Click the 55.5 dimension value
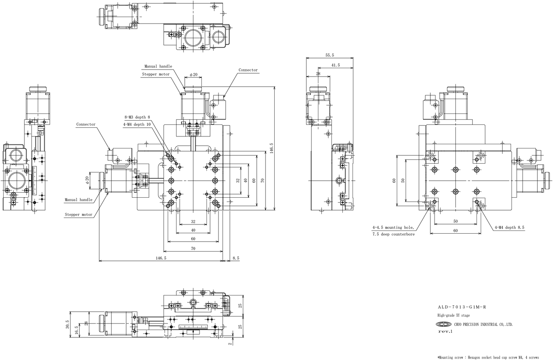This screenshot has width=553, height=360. click(x=329, y=55)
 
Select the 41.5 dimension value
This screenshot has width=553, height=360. click(x=335, y=65)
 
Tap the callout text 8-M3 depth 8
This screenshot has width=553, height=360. click(x=137, y=117)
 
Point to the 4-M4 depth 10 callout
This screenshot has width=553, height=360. click(x=137, y=124)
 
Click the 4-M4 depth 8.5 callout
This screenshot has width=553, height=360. click(x=509, y=227)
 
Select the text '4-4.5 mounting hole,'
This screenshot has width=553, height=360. click(x=393, y=227)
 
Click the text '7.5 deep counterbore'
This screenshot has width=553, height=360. click(x=394, y=234)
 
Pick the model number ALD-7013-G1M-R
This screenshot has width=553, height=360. click(x=462, y=307)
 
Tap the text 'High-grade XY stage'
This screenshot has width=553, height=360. click(x=453, y=315)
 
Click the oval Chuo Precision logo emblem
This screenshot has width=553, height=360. click(x=444, y=324)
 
